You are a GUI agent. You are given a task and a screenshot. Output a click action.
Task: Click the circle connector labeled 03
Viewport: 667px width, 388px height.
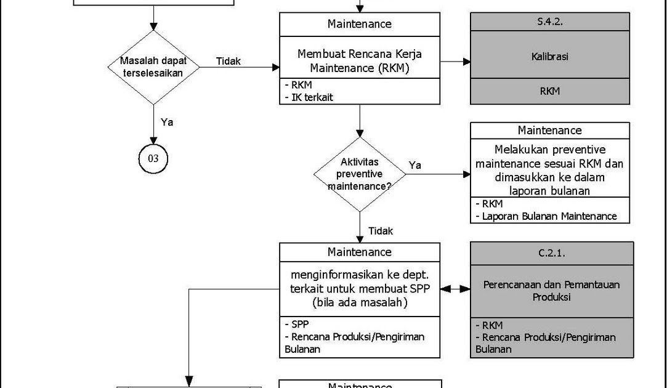(153, 159)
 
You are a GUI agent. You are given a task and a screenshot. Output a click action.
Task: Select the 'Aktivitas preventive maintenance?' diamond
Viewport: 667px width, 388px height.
(360, 174)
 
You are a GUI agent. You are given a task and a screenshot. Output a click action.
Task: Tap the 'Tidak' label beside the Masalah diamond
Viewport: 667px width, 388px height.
(228, 61)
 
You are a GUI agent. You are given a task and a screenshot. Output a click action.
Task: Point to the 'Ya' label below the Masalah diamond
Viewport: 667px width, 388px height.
(167, 122)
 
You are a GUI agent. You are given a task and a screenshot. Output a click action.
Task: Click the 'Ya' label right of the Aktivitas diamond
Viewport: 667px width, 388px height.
(415, 165)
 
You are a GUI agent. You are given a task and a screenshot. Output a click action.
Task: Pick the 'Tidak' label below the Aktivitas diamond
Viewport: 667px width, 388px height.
(381, 231)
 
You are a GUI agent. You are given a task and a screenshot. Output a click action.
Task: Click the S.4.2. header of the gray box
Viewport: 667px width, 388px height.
(550, 22)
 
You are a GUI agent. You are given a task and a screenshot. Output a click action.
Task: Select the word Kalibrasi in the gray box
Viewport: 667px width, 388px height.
(550, 56)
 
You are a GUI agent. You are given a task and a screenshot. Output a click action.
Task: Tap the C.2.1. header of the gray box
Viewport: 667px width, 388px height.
(551, 253)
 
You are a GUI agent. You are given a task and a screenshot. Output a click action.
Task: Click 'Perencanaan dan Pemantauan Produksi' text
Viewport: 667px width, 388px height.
(551, 291)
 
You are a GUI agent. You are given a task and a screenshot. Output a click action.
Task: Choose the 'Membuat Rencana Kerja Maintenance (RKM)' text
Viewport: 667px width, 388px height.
(360, 60)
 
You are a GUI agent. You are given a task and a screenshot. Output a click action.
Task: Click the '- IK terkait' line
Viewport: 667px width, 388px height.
(309, 97)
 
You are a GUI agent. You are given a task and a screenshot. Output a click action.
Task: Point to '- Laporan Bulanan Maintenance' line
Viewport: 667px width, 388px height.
(546, 216)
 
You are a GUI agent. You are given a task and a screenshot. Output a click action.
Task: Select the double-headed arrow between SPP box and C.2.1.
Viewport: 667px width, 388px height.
(455, 288)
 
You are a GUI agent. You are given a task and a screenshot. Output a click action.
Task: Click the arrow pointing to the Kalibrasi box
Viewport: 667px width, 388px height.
(456, 62)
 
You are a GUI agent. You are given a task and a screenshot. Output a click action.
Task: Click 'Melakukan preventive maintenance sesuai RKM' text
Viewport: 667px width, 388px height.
(549, 157)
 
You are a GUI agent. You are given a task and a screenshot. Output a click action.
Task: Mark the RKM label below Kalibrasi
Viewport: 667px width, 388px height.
(550, 91)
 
